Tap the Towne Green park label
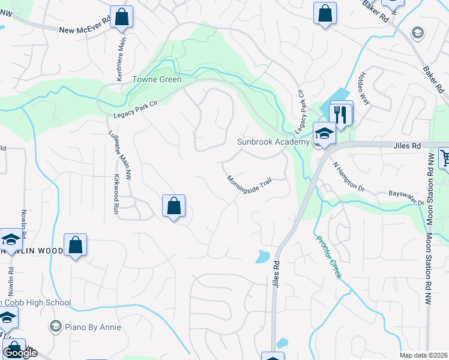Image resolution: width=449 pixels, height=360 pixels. [149, 79]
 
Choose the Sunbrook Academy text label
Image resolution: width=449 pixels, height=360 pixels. [273, 142]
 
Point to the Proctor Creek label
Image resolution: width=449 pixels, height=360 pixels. [328, 256]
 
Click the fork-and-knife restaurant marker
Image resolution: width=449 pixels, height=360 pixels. [342, 113]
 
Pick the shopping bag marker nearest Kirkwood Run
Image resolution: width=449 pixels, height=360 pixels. [173, 206]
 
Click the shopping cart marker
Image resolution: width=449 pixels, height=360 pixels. [445, 158]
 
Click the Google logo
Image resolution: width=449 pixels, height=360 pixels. [20, 353]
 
